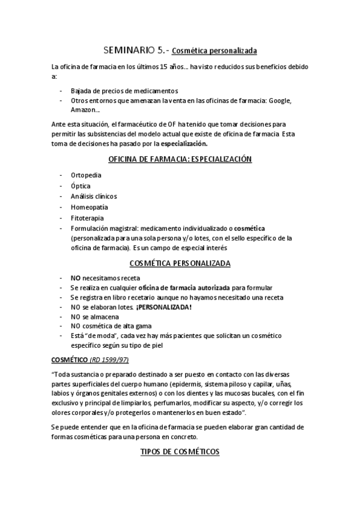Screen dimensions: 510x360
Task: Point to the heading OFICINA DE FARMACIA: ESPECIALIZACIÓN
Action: pyautogui.click(x=180, y=159)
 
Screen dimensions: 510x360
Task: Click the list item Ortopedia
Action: pyautogui.click(x=86, y=174)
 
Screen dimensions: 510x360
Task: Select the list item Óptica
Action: pyautogui.click(x=81, y=185)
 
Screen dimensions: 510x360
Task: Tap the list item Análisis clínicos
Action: pyautogui.click(x=94, y=196)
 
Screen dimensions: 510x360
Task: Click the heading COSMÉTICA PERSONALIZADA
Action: pyautogui.click(x=180, y=263)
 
